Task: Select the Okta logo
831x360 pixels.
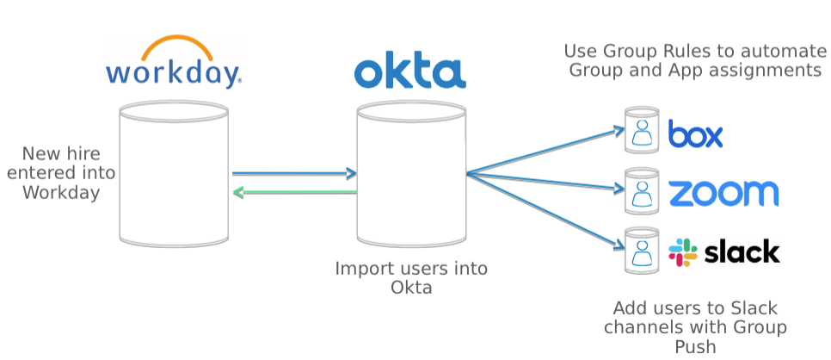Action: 410,72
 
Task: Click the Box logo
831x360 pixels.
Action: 695,134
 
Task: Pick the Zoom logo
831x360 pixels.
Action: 723,193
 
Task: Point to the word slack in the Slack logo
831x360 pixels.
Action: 742,251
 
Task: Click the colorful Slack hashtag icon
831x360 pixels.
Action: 683,251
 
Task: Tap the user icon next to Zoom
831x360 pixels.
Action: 642,189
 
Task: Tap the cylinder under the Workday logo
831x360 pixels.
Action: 174,172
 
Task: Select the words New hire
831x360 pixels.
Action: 60,154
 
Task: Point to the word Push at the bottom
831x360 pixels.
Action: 694,346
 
